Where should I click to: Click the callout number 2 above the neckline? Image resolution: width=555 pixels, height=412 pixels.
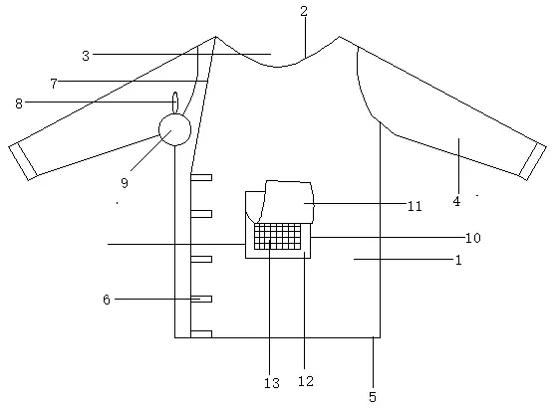pos(304,11)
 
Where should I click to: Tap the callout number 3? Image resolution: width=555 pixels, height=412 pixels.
pos(86,56)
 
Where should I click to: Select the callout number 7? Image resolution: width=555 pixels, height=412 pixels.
pos(54,84)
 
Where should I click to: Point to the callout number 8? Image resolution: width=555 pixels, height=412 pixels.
pos(19,103)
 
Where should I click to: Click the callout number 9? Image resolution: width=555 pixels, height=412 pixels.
pos(125,183)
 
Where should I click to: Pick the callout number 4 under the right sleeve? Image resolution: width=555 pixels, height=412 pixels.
pos(456,201)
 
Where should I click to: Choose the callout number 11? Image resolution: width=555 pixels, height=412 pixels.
pos(415,206)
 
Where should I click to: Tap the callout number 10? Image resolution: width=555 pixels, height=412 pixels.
pos(473,238)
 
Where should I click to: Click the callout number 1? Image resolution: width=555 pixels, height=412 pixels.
pos(458,261)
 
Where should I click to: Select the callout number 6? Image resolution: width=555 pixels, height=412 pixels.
pos(107,300)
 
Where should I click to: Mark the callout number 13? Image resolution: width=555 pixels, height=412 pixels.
pos(272,383)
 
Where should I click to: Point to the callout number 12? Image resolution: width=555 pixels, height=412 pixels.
pos(306,381)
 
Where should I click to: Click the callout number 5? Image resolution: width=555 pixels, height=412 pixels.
pos(373,397)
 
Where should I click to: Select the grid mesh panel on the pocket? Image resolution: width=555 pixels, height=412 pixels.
pos(278,236)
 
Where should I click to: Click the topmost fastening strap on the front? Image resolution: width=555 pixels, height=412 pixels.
pos(201,177)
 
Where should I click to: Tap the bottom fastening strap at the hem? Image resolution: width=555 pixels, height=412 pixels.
pos(201,334)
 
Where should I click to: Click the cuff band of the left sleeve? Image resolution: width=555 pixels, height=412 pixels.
pos(23,161)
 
